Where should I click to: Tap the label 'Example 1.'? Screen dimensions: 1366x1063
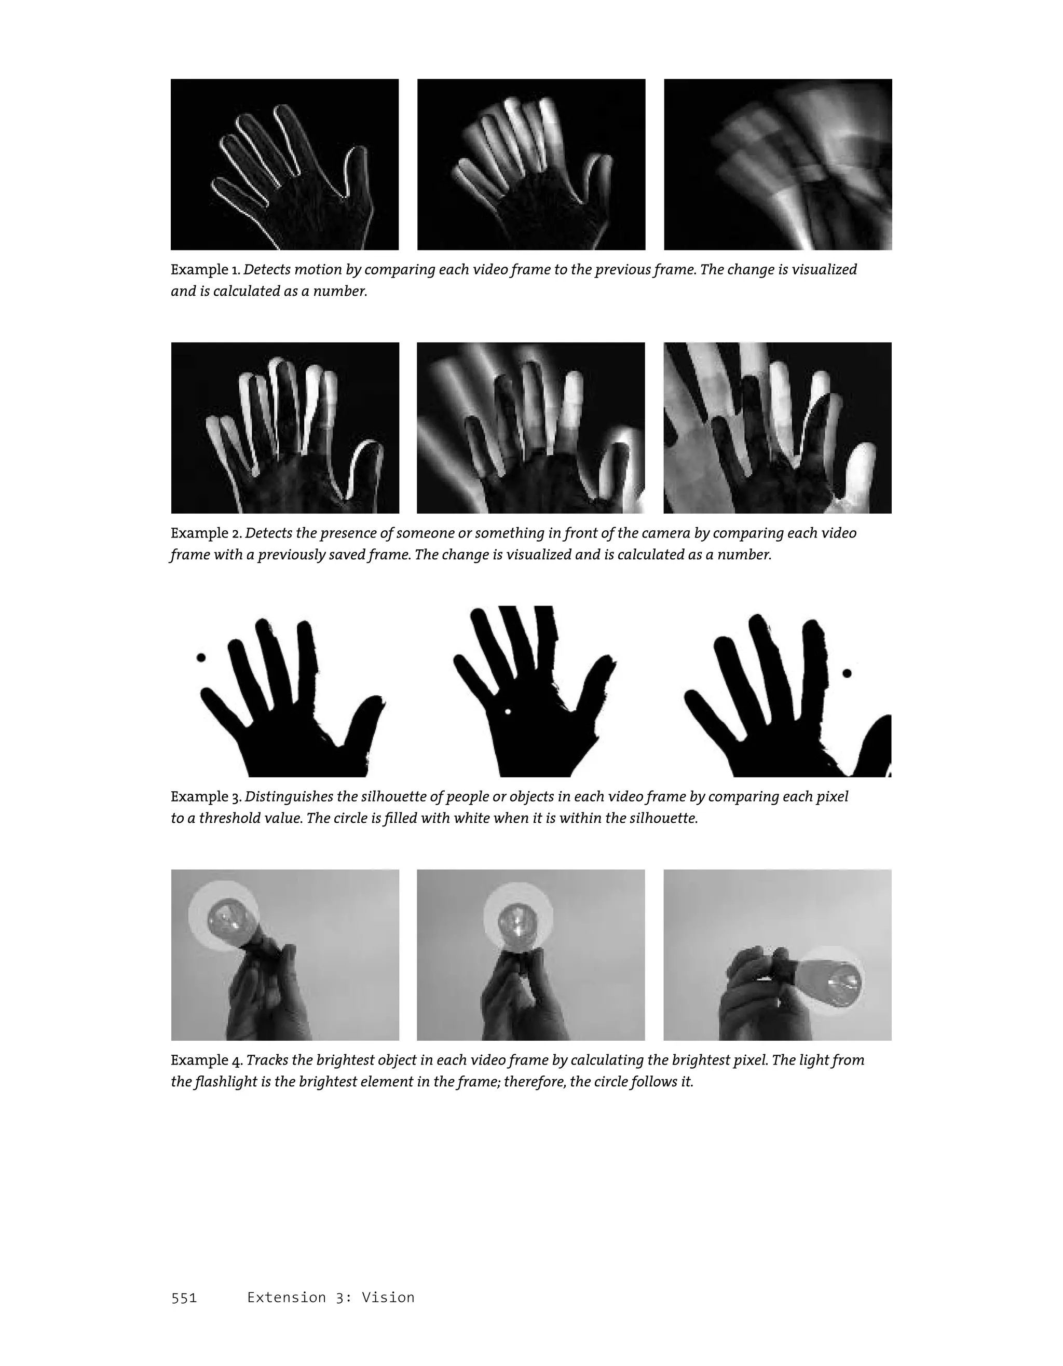pos(205,270)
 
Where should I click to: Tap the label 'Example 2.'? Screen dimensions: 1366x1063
pos(206,533)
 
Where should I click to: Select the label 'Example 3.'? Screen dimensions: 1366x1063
pos(206,797)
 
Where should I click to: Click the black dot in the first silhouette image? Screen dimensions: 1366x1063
pos(201,657)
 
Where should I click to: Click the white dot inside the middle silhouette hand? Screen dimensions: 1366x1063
pos(508,712)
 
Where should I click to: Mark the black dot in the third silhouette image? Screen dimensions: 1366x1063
pos(847,673)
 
